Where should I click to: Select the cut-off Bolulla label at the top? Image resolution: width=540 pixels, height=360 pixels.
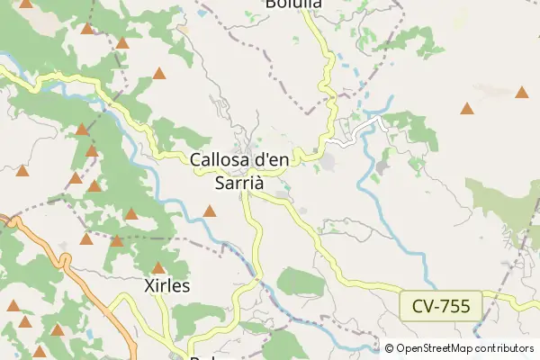(294, 4)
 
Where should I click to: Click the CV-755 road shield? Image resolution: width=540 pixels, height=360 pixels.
(441, 305)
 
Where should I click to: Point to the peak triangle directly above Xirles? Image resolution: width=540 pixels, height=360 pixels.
(158, 268)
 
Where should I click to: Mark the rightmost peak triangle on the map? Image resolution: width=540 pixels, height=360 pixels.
(522, 92)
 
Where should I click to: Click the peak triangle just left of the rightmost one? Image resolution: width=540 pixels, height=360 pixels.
(467, 109)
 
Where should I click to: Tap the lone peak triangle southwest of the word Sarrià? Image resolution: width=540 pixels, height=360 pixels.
(210, 211)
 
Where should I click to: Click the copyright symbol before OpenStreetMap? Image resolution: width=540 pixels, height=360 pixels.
(389, 348)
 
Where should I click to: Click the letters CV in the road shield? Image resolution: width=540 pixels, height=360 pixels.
(423, 305)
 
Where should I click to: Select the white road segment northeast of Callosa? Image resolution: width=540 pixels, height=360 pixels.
(346, 140)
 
